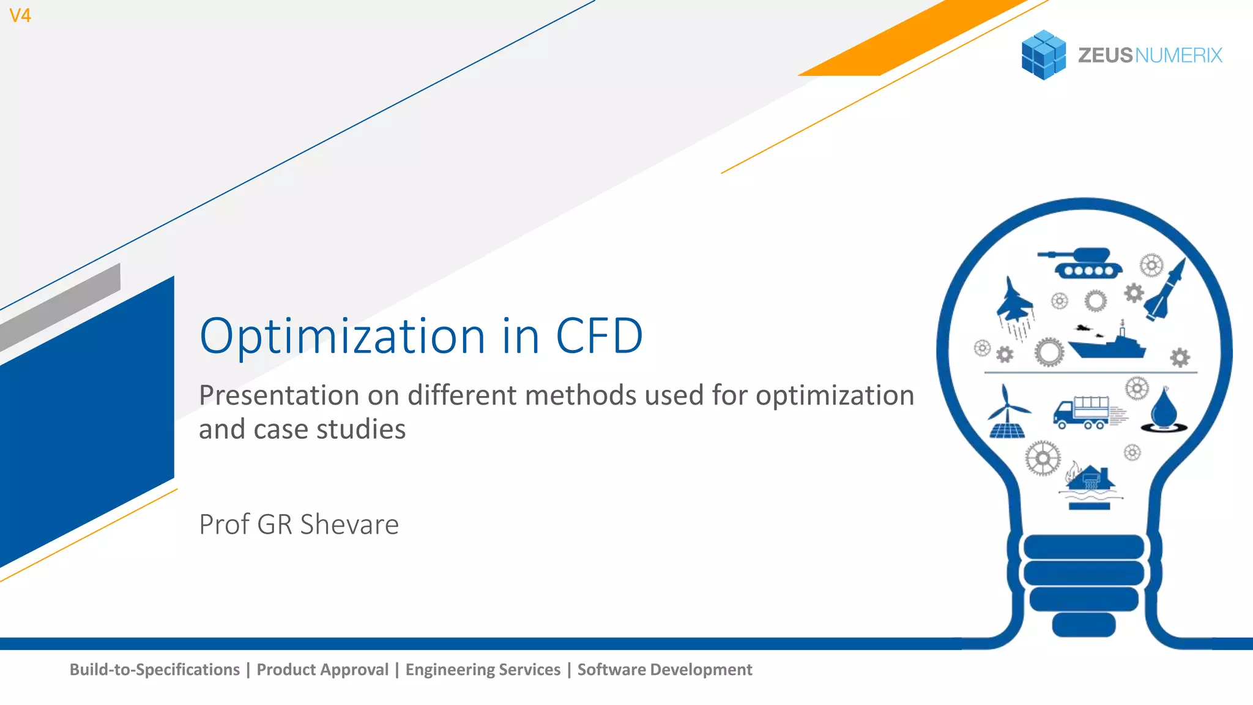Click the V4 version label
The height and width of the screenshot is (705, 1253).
click(x=20, y=15)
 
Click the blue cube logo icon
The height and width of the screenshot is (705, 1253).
click(x=1043, y=55)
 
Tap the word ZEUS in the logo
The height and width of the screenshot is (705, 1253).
click(x=1105, y=56)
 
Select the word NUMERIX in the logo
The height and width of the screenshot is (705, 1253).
click(x=1178, y=56)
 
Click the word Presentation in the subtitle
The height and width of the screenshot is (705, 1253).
click(x=278, y=395)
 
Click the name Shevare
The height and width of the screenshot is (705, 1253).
click(x=349, y=524)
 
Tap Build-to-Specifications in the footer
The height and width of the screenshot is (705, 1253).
click(x=155, y=670)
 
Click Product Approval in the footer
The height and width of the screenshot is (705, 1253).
click(x=322, y=670)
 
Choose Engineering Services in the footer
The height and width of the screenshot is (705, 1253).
click(x=483, y=670)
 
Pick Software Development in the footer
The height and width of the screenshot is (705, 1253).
click(x=664, y=670)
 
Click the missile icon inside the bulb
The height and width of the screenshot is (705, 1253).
click(x=1166, y=291)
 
